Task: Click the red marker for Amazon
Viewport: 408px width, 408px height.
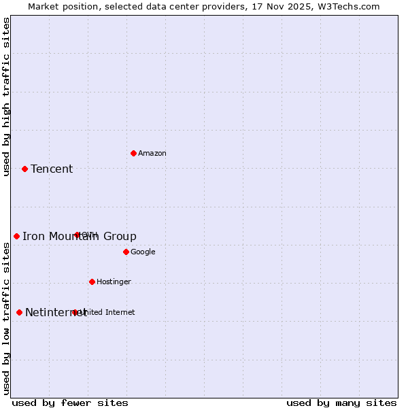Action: (133, 153)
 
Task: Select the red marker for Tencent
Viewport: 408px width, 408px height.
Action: (24, 169)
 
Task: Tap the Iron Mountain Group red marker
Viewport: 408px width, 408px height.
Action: (16, 236)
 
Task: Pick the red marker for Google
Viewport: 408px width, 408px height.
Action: (126, 252)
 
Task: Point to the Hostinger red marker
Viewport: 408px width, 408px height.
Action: (92, 282)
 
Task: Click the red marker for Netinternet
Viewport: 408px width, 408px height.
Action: (19, 312)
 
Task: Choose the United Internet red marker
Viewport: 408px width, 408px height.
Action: (75, 312)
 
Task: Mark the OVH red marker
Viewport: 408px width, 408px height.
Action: (77, 235)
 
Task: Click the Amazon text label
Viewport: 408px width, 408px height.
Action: (152, 154)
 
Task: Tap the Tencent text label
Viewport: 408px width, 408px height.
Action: (52, 169)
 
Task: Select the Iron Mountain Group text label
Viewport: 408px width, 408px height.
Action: (80, 237)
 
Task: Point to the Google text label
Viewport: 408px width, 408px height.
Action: (143, 252)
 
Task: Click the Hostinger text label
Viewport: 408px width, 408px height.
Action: (114, 282)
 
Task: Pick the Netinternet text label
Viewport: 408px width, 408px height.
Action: (56, 313)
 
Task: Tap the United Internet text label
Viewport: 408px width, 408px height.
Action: (107, 313)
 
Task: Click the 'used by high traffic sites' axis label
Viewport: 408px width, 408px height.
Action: (7, 97)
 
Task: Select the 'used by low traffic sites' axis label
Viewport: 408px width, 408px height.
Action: (7, 318)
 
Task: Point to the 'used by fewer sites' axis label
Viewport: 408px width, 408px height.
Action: (70, 403)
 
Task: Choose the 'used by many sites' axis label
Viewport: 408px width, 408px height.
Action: (341, 403)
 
